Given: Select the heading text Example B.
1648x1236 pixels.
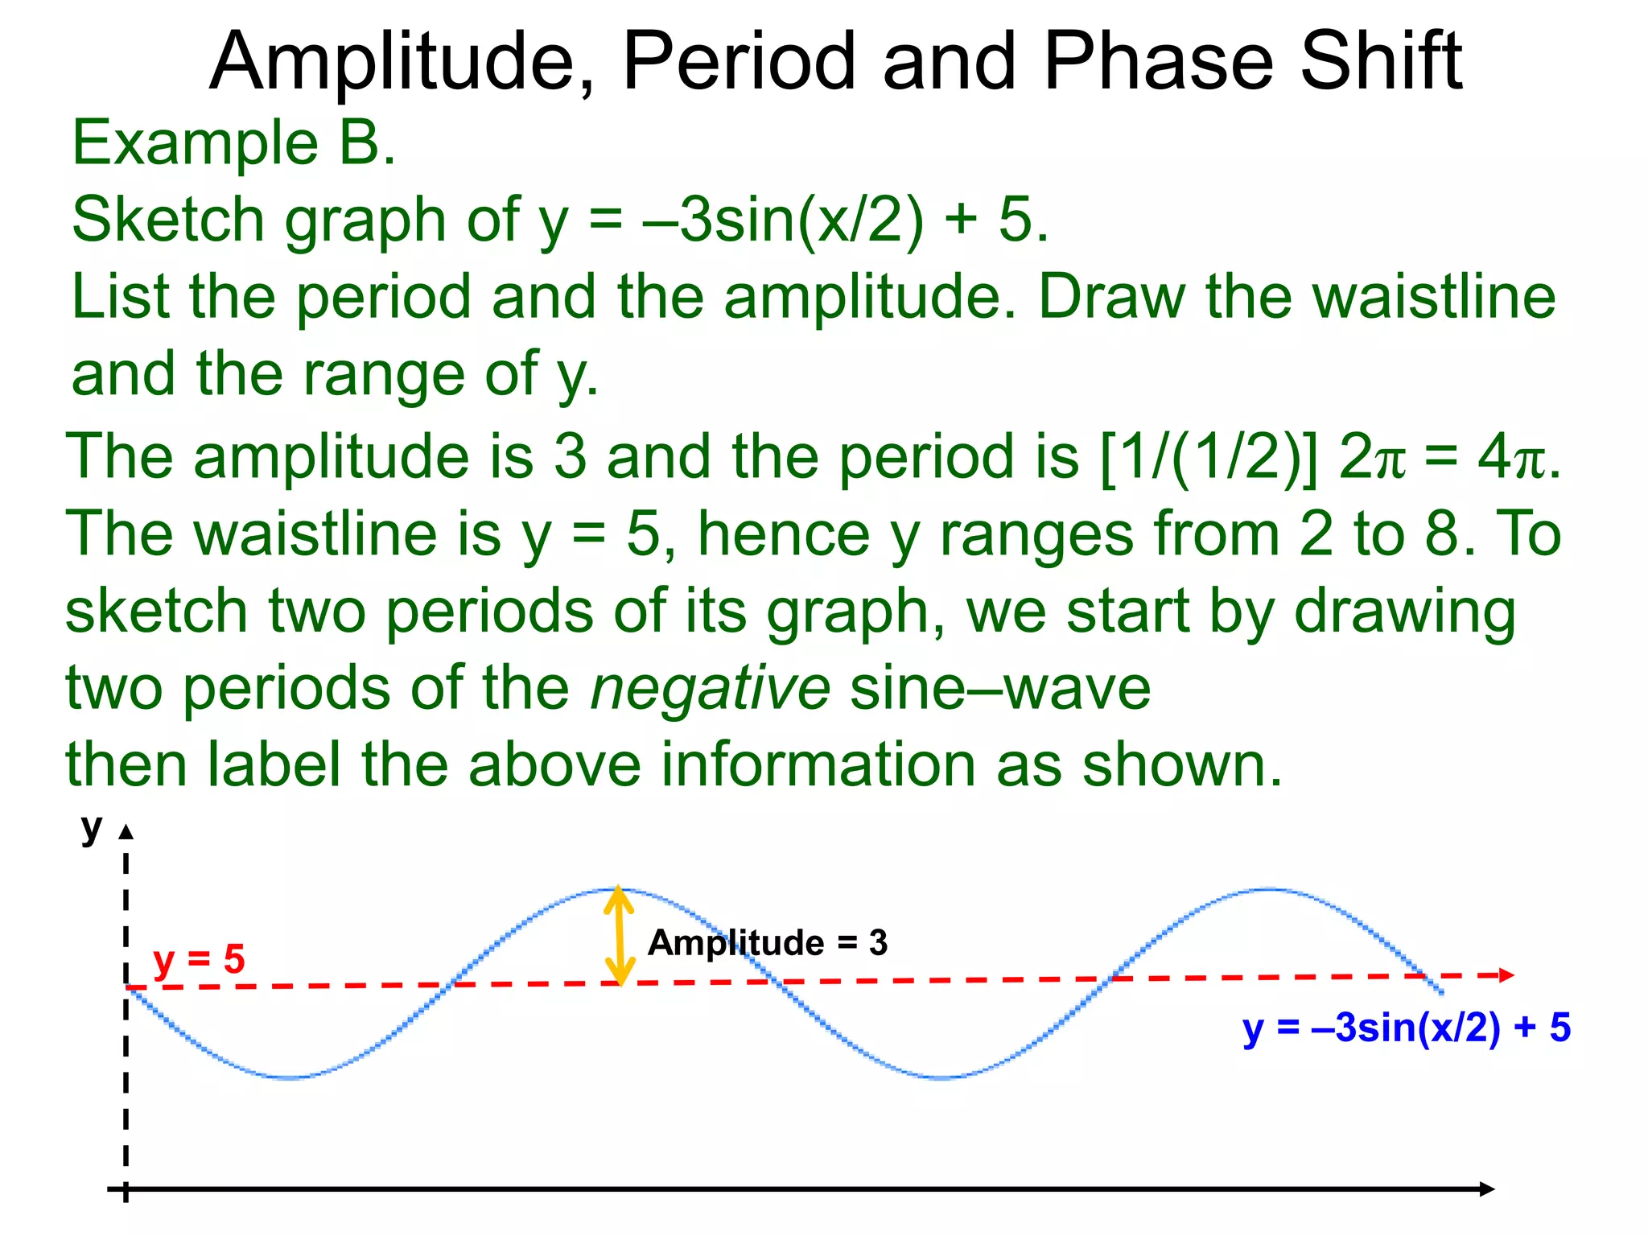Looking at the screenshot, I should (233, 143).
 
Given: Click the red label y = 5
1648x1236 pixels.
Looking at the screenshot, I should (199, 959).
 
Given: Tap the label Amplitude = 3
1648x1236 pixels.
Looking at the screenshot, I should (767, 942).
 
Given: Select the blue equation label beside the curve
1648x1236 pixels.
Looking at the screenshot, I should (1406, 1028).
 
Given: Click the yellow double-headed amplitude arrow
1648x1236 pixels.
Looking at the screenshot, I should (618, 935).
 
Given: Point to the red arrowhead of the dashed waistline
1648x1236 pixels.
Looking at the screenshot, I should (1506, 975).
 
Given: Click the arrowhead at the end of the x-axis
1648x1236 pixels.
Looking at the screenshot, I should (1487, 1189).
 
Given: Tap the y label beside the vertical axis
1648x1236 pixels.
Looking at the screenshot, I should (92, 828).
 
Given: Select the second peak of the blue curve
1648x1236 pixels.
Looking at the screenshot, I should (1270, 889).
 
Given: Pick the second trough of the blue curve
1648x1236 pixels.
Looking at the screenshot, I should (941, 1077).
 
